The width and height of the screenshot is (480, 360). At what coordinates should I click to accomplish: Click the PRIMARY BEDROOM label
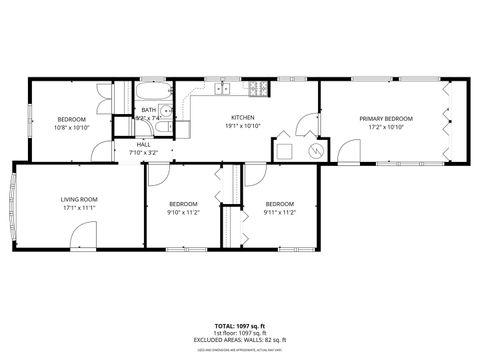tap(386, 119)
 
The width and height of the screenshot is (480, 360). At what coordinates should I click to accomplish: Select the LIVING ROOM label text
tap(79, 200)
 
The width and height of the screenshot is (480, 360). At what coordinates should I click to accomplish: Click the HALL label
tap(143, 145)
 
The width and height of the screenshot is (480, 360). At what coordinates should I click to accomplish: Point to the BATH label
tap(148, 110)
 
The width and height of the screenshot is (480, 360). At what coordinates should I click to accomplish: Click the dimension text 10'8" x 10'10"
tap(71, 127)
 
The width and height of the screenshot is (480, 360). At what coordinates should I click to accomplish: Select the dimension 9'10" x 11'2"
tap(183, 211)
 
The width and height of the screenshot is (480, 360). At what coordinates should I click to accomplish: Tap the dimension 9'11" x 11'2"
tap(281, 211)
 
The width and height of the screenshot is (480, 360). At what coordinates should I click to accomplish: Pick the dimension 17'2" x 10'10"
tap(386, 127)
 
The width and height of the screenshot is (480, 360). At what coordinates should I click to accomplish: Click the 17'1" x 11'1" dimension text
tap(79, 208)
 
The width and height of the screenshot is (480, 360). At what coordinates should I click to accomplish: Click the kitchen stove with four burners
tap(258, 88)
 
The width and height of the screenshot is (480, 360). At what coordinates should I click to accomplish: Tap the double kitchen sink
tap(222, 88)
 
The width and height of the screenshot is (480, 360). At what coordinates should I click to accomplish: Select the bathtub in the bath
tap(126, 100)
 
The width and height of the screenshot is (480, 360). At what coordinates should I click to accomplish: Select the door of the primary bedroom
tap(347, 152)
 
